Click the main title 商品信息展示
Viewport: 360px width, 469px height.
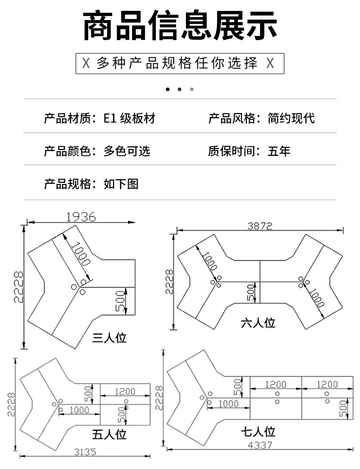point(180,26)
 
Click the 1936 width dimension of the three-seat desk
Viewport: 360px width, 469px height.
point(81,217)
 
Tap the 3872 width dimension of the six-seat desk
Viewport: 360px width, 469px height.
point(260,226)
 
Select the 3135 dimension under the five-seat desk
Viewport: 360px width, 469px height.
point(85,452)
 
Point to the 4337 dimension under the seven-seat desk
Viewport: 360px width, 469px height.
point(260,445)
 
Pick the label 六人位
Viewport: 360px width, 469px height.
point(258,323)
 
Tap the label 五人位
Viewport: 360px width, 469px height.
point(109,434)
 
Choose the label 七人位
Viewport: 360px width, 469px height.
point(258,432)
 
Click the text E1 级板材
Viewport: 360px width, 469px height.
point(129,119)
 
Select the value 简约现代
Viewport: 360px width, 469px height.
point(291,119)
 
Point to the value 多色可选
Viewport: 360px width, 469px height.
point(127,151)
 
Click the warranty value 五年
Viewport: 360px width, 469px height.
point(279,151)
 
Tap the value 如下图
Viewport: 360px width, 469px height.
point(121,184)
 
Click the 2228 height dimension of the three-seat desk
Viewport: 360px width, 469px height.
point(19,287)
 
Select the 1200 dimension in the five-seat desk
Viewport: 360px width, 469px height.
point(125,391)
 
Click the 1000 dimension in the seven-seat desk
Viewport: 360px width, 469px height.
point(228,404)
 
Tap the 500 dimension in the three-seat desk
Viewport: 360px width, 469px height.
point(120,301)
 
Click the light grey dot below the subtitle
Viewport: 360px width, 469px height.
point(192,89)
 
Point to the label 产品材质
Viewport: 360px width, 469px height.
point(67,119)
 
